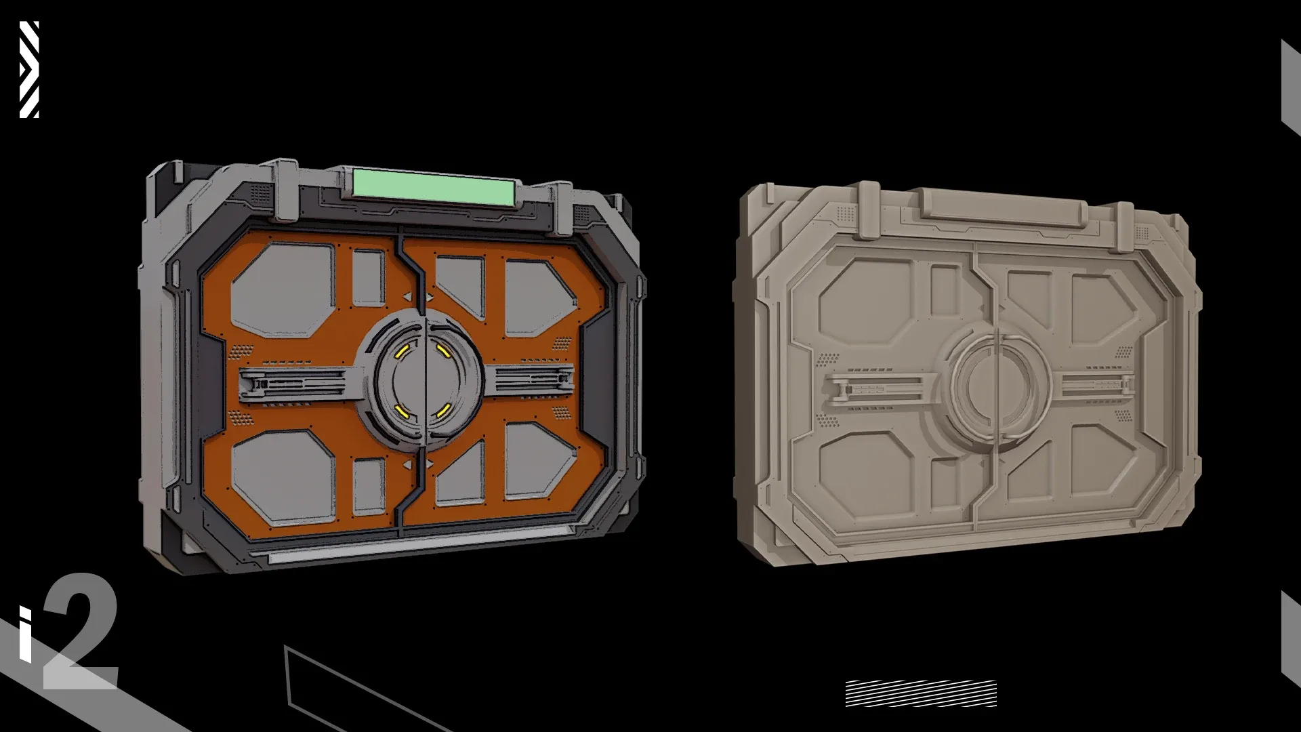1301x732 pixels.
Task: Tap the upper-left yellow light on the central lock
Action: [402, 350]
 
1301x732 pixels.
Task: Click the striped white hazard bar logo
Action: [29, 69]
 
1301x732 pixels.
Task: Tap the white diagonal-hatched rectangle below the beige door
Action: [921, 693]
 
